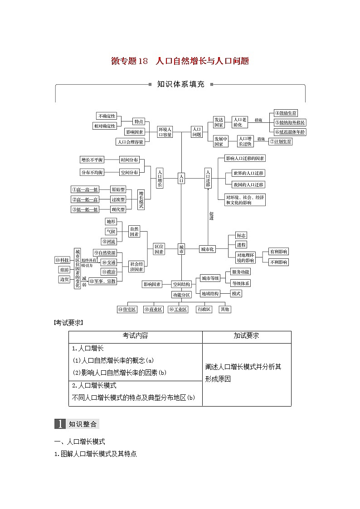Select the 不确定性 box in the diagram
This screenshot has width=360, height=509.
107,116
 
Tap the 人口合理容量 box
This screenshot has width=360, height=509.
130,142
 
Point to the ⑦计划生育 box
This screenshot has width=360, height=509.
281,141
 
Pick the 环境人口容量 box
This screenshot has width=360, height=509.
165,132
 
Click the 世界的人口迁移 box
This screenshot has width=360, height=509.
248,173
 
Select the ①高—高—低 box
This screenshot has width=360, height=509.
85,189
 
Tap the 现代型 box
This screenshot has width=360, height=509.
118,209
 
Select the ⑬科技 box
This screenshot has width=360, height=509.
62,260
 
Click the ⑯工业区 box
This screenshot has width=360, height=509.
178,310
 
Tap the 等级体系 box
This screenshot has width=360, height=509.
240,283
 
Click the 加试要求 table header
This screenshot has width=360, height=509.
246,336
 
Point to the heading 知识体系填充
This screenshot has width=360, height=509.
180,84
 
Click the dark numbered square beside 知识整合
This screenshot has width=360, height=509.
60,424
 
